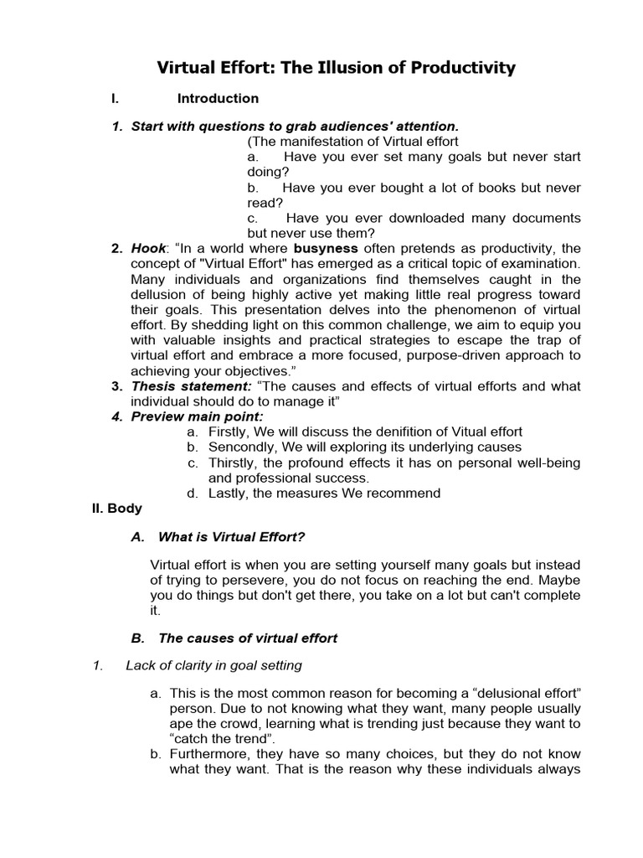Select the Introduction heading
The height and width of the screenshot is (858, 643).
[x=218, y=99]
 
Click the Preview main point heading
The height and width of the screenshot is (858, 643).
[x=197, y=416]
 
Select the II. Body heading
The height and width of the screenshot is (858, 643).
[x=116, y=509]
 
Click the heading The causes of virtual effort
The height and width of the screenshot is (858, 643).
[x=247, y=638]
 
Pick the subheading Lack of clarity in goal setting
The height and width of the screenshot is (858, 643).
[x=213, y=666]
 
